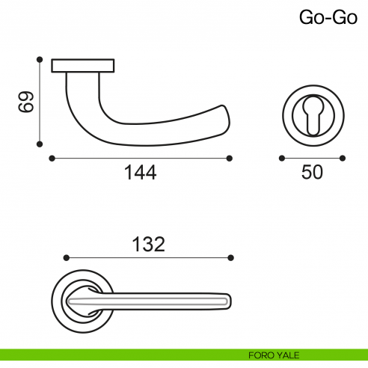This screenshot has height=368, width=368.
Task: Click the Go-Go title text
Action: (x=328, y=17)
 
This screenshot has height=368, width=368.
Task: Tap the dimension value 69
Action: (x=25, y=102)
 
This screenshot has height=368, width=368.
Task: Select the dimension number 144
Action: (x=140, y=172)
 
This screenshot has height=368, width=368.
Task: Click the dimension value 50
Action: (x=312, y=172)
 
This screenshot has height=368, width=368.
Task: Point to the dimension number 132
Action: (x=148, y=244)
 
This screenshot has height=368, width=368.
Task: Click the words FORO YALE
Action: (x=274, y=355)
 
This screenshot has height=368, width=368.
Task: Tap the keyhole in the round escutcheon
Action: (x=313, y=115)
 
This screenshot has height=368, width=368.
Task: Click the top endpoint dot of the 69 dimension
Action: (x=40, y=59)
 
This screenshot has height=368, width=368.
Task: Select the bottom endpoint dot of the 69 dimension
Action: (x=40, y=144)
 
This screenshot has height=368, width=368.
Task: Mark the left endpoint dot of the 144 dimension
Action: (x=52, y=159)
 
